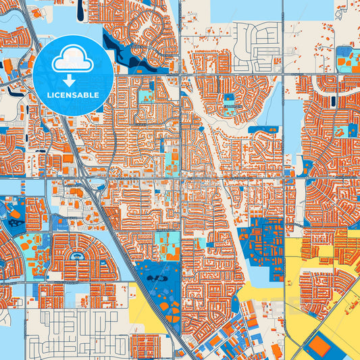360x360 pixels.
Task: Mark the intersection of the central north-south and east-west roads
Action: pos(181,179)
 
